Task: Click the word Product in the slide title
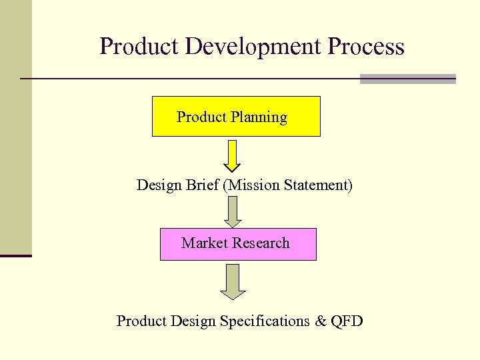click(140, 47)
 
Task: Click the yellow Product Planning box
click(236, 117)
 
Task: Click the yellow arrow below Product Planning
click(232, 155)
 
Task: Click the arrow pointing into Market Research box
click(232, 211)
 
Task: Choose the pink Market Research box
click(238, 243)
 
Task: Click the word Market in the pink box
click(203, 243)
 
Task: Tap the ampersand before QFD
click(320, 321)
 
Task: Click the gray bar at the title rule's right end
click(407, 79)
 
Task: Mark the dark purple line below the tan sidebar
click(16, 255)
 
